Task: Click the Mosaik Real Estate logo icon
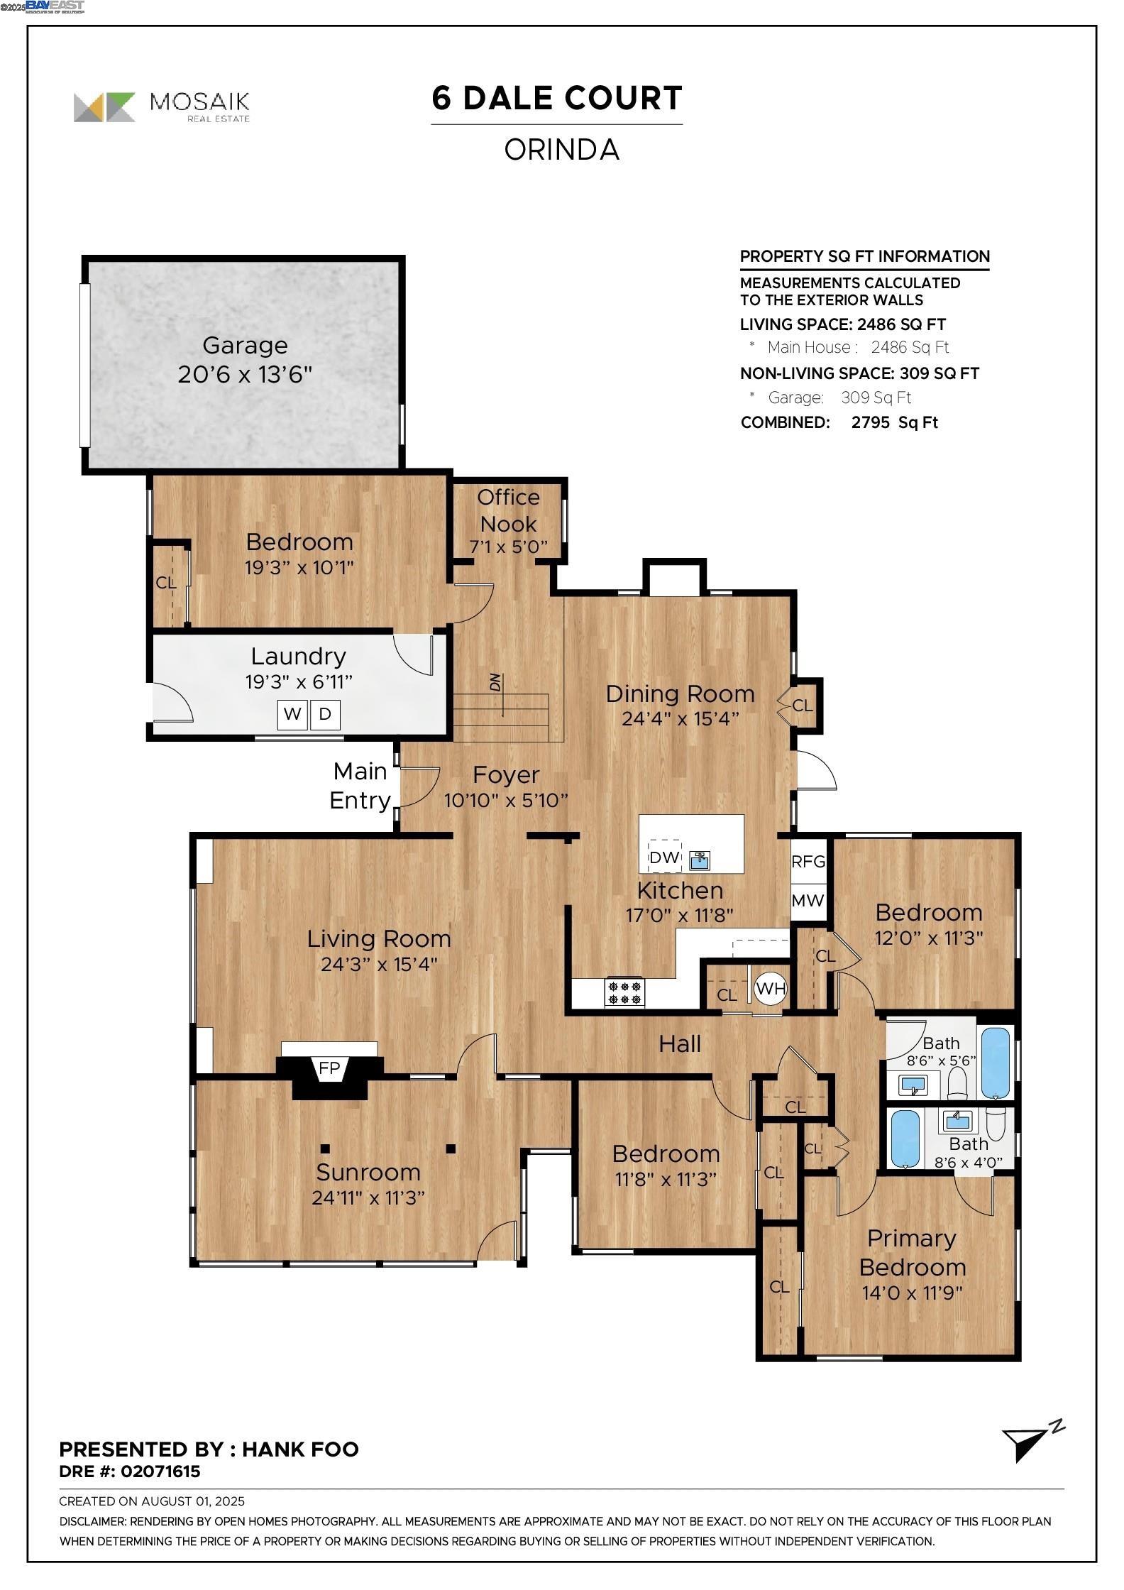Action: coord(104,107)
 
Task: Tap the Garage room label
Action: coord(245,346)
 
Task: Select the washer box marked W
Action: coord(292,714)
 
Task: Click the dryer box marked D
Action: coord(325,714)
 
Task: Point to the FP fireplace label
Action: coord(329,1068)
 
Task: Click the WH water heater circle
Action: coord(771,988)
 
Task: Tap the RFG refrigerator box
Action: coord(808,862)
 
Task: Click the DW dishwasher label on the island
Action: coord(664,857)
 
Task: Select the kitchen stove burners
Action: coord(624,992)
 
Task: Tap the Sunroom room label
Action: coord(368,1172)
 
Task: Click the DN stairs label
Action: coord(495,682)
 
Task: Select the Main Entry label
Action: coord(360,786)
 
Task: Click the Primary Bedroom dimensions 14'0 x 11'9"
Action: coord(913,1293)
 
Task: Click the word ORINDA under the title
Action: coord(562,150)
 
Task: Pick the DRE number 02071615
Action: coord(160,1471)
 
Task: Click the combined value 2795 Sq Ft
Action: coord(895,422)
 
